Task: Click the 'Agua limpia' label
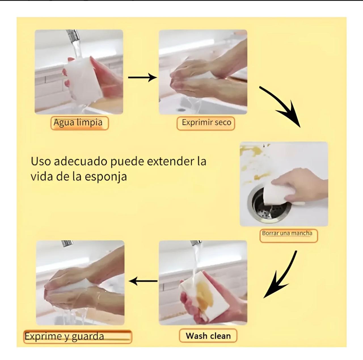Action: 79,123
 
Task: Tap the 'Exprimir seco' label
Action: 206,123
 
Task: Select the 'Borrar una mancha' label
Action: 289,235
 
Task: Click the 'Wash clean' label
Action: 208,335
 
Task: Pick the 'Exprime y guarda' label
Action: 78,336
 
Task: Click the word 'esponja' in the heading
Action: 106,177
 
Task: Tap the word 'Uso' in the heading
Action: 41,161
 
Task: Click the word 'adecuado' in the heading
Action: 81,161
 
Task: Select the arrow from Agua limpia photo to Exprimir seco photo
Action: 142,77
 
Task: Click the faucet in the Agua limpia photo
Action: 72,36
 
